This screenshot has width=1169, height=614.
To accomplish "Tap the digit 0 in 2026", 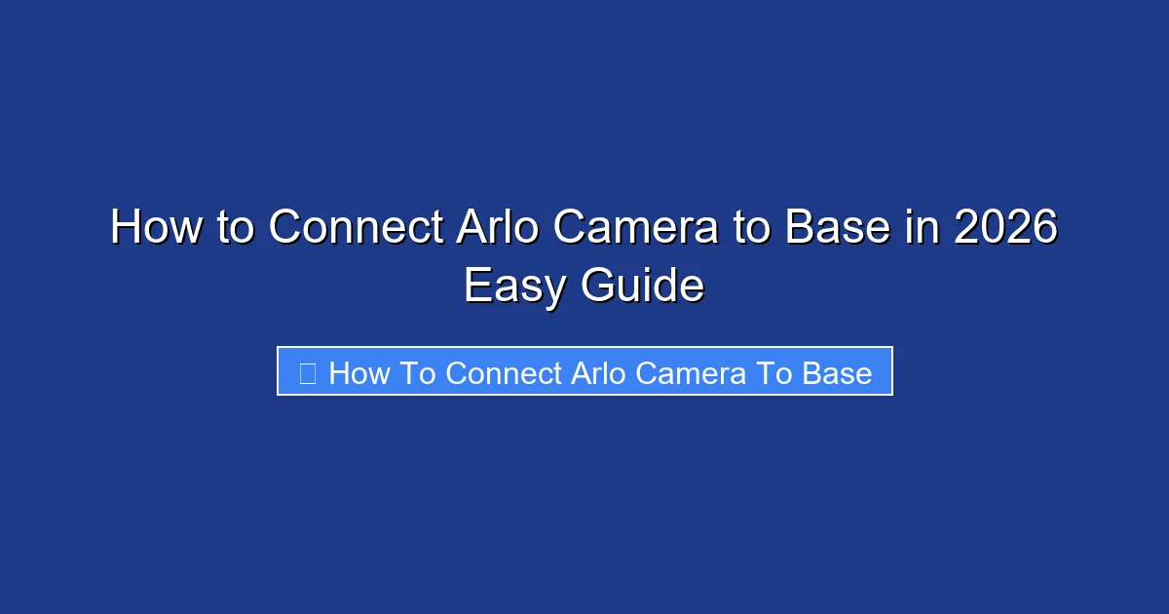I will click(x=994, y=228).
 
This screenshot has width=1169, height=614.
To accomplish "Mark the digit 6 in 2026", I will click(x=1044, y=228).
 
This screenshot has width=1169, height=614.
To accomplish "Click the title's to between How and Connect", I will click(x=232, y=228).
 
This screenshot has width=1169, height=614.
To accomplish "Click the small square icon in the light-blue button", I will click(x=307, y=373).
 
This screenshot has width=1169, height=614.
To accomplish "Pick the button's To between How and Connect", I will click(x=418, y=373).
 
